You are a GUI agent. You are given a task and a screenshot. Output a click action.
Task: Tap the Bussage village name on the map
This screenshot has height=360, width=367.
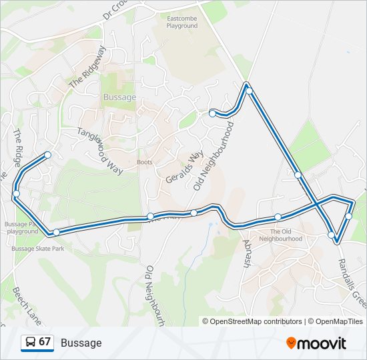120,97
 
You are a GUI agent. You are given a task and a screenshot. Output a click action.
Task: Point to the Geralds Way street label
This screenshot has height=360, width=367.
183,166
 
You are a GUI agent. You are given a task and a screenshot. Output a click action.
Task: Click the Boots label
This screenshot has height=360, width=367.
144,162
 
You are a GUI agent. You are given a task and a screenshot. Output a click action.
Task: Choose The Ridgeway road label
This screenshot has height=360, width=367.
87,67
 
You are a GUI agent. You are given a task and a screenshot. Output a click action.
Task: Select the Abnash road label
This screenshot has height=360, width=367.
246,254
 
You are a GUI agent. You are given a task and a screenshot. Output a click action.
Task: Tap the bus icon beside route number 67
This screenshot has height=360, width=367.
31,342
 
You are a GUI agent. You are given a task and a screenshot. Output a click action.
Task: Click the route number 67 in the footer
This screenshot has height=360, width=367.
45,342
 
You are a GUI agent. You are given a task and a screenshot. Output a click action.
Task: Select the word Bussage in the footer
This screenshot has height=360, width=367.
81,343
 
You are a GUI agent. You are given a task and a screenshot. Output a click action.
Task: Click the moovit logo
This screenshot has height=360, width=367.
317,343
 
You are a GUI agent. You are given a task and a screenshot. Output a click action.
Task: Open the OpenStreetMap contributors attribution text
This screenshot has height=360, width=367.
252,321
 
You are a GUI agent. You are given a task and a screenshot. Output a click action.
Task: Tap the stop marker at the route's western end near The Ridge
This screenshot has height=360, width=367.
16,193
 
